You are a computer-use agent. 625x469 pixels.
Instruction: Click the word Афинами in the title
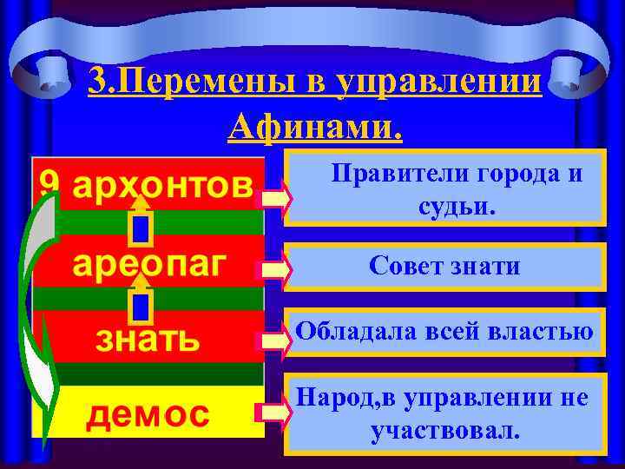pos(314,128)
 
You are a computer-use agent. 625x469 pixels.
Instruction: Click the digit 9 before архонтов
pos(49,182)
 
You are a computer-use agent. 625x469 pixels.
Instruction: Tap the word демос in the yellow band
pos(147,414)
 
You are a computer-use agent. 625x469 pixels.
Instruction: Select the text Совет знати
pos(444,266)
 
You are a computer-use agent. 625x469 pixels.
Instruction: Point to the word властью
pos(546,331)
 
